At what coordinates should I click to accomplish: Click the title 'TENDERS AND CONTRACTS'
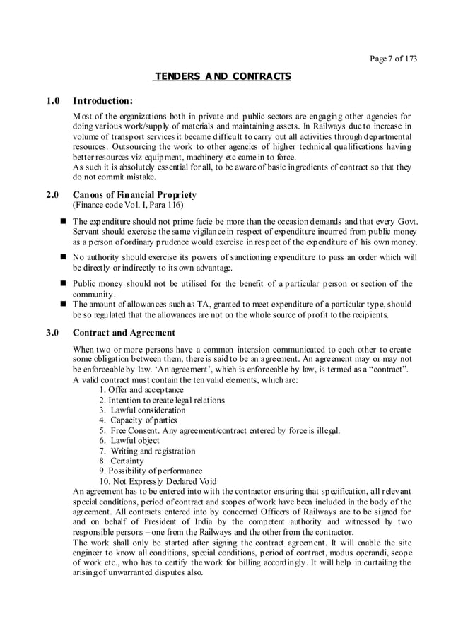pyautogui.click(x=223, y=76)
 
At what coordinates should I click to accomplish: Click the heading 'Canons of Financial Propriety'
pyautogui.click(x=135, y=195)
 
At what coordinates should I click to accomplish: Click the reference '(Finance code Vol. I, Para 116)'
pyautogui.click(x=129, y=206)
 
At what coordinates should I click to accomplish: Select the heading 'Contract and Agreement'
pyautogui.click(x=124, y=333)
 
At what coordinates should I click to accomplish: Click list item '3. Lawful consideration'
pyautogui.click(x=142, y=410)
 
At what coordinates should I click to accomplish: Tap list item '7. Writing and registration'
pyautogui.click(x=147, y=451)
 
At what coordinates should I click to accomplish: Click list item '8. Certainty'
pyautogui.click(x=122, y=461)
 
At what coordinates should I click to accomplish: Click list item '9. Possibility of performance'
pyautogui.click(x=151, y=471)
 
